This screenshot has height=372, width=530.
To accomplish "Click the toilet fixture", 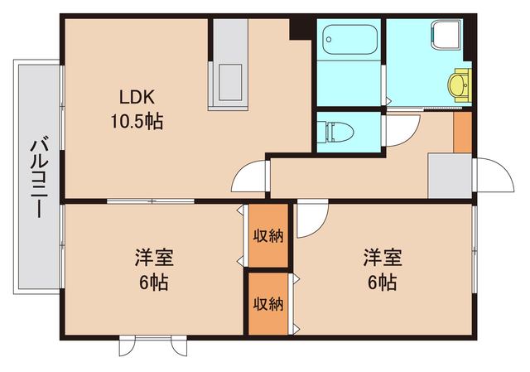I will (x=338, y=131).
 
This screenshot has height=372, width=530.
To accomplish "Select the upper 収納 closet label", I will (x=268, y=235).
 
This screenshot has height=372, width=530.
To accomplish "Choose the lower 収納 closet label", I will (x=268, y=303).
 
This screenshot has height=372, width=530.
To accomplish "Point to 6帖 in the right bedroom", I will (x=380, y=282).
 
